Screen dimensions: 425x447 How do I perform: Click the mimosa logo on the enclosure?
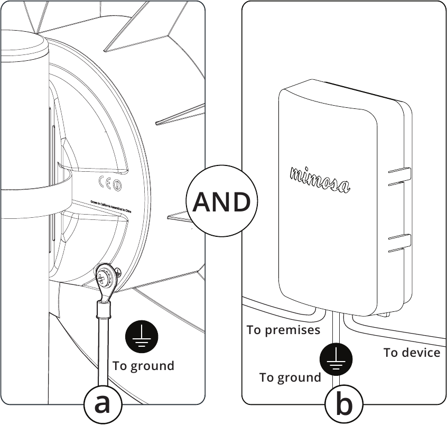point(320,179)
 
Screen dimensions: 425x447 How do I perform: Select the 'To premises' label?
point(283,330)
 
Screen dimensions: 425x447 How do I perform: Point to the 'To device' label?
point(412,353)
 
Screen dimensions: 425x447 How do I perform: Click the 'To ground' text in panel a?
point(143,365)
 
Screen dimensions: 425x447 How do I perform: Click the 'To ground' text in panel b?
point(290,377)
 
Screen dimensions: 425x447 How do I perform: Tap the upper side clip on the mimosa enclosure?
point(400,176)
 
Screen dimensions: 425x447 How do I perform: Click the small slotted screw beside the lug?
point(117,272)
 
